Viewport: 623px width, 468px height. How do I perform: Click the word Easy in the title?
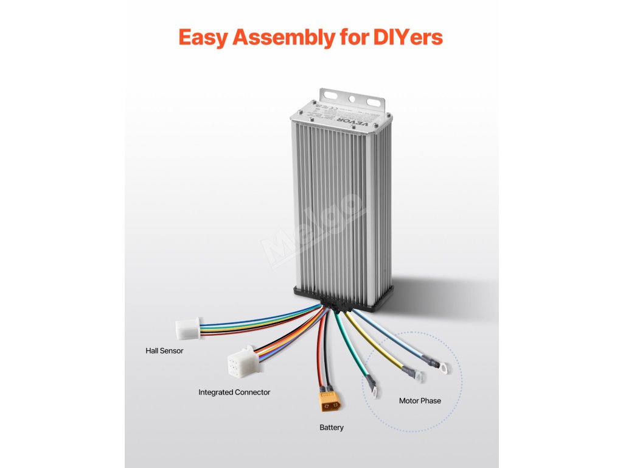click(203, 37)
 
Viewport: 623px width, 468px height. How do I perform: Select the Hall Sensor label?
click(164, 351)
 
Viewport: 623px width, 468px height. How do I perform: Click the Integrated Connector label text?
click(234, 392)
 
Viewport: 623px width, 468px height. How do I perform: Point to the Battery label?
click(332, 428)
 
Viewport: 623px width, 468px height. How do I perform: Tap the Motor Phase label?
click(420, 401)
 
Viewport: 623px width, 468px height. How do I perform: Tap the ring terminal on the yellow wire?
click(418, 375)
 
